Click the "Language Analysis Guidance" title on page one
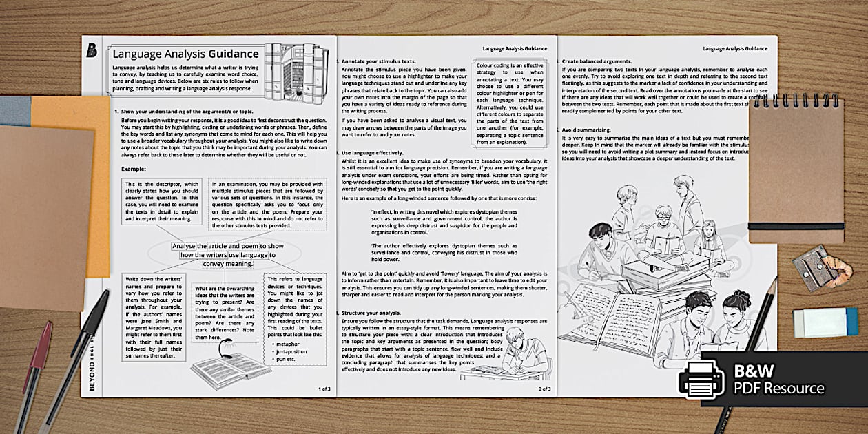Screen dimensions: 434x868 pos(185,54)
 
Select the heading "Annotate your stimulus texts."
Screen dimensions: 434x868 pos(380,61)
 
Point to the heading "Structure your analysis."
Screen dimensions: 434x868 pos(373,313)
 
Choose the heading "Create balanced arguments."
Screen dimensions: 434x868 pos(595,61)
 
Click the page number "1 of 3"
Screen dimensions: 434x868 pos(324,389)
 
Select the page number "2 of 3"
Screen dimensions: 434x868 pos(544,389)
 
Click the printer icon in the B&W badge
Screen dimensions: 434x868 pos(701,378)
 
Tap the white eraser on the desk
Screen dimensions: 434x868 pos(825,322)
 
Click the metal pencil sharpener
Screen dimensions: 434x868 pos(814,267)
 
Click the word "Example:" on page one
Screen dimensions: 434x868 pos(134,169)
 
